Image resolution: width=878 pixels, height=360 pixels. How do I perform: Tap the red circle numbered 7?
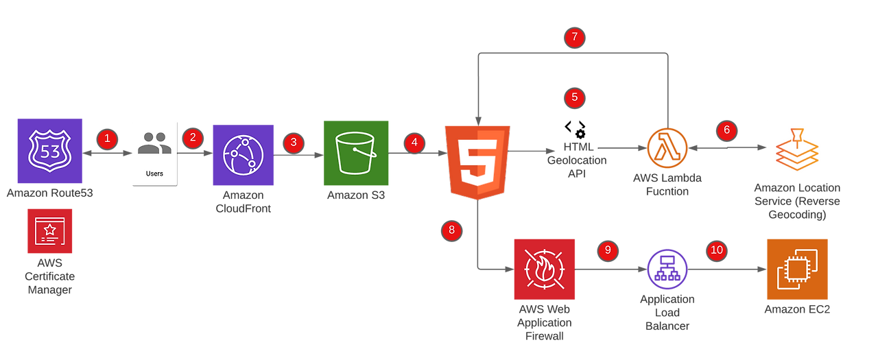tap(574, 37)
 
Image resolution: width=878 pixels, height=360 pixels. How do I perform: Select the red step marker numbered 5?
tap(574, 98)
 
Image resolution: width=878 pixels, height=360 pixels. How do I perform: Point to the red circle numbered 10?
tap(717, 250)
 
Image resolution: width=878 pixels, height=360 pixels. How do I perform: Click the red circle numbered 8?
tap(451, 230)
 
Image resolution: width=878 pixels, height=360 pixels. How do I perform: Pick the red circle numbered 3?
tap(294, 143)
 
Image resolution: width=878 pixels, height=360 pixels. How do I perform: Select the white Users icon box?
tap(154, 152)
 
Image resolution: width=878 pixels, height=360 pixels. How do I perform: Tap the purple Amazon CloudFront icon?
tap(244, 155)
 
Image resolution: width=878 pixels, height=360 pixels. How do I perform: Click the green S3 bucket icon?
tap(356, 153)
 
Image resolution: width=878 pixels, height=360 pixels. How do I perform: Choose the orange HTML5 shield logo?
tap(477, 162)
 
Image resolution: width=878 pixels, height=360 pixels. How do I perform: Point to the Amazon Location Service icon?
tap(797, 149)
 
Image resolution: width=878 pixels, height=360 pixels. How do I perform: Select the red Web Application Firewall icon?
tap(544, 269)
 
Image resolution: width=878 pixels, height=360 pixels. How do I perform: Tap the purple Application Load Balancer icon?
tap(667, 268)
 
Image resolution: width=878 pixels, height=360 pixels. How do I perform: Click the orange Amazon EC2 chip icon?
tap(797, 269)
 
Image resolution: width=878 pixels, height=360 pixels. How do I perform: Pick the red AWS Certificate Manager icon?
tap(49, 232)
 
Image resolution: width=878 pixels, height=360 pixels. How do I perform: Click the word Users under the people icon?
tap(154, 173)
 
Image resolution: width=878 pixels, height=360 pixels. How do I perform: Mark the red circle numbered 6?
tap(727, 129)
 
